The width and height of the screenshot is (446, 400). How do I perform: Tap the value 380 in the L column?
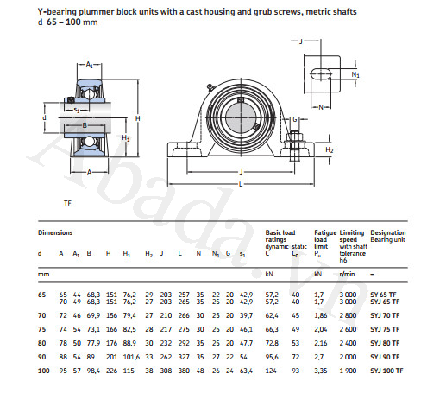[185, 371]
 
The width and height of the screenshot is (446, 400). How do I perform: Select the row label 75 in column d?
[41, 329]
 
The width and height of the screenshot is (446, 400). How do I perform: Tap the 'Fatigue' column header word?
[324, 233]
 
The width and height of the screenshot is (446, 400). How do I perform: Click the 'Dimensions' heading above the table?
[54, 233]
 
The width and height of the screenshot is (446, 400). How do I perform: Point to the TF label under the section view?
[67, 202]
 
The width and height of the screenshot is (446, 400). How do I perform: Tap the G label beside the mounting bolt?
[295, 119]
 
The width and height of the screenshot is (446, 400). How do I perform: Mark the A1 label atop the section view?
[91, 64]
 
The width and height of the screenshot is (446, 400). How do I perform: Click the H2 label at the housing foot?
[329, 150]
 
